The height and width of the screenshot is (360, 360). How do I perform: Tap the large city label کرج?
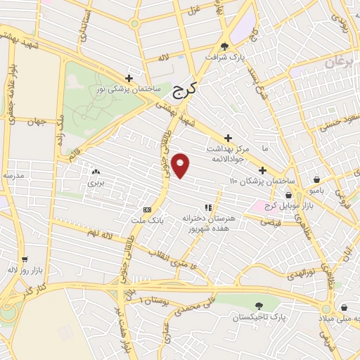(x=184, y=89)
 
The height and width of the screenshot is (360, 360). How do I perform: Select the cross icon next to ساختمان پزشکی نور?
(x=129, y=78)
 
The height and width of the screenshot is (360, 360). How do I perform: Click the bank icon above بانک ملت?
(x=147, y=210)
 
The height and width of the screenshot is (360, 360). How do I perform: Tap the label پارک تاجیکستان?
(x=259, y=318)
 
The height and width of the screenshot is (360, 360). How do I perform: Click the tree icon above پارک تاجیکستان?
(x=259, y=305)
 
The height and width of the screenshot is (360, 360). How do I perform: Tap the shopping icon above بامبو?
(x=319, y=179)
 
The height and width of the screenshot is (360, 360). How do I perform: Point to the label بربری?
(x=95, y=183)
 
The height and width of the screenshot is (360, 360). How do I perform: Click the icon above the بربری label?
(x=95, y=171)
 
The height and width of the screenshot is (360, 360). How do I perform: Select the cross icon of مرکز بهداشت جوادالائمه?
(x=227, y=138)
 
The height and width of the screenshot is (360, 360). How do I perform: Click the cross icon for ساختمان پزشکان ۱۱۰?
(x=262, y=170)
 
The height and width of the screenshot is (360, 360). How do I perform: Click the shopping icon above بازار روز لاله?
(x=25, y=259)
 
